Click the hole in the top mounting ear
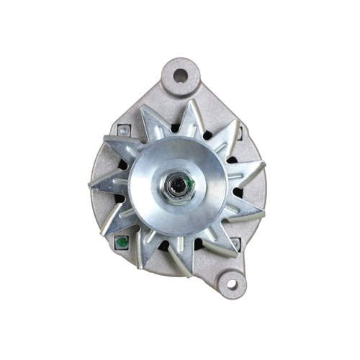point(180,74)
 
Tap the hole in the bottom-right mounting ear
point(231,284)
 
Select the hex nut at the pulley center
point(177,187)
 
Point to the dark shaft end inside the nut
point(176,187)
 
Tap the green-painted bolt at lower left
point(122,242)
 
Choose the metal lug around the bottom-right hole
point(241,288)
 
